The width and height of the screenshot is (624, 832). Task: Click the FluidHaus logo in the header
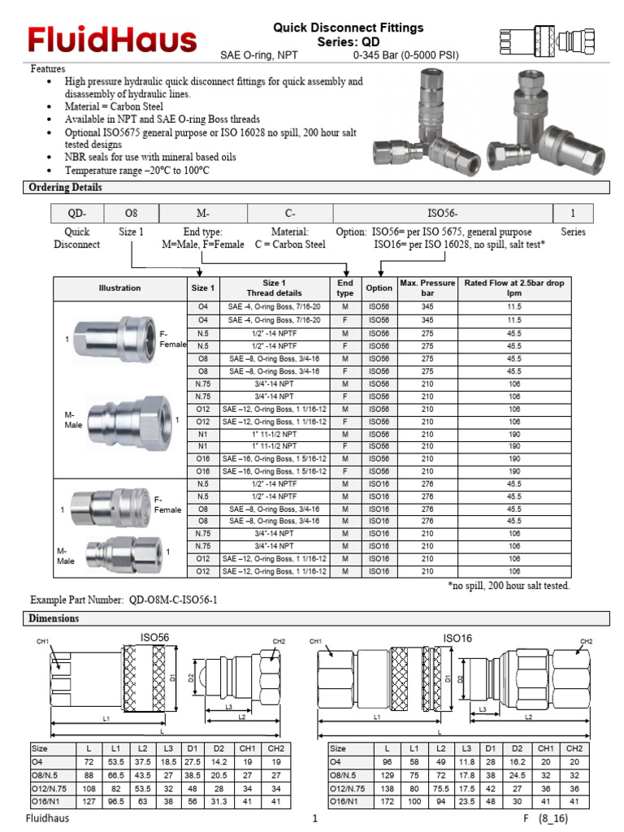click(112, 40)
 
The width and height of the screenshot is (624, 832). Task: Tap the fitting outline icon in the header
click(552, 39)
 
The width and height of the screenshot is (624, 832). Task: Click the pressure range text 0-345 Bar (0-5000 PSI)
click(406, 55)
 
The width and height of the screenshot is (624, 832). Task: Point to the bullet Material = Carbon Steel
click(115, 106)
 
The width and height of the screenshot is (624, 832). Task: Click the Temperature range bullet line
click(137, 171)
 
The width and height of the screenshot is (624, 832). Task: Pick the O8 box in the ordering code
click(131, 214)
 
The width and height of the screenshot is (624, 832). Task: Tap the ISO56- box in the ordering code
click(443, 214)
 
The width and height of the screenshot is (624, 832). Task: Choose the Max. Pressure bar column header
click(427, 288)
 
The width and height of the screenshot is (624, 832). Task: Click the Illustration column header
click(119, 288)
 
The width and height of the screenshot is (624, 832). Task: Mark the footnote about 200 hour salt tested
click(509, 585)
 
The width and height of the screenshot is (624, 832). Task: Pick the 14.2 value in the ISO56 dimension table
click(219, 762)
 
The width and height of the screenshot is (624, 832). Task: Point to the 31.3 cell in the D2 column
click(219, 801)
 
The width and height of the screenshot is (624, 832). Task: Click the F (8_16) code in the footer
click(544, 820)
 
